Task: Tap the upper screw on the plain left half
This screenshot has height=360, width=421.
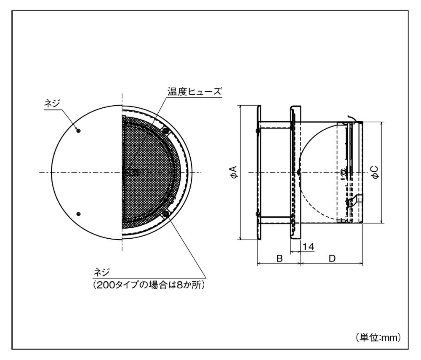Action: point(79,131)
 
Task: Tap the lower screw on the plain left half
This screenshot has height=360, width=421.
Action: point(79,214)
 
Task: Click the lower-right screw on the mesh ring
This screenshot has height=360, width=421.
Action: point(165,214)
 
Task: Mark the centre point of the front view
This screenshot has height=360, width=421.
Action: point(123,172)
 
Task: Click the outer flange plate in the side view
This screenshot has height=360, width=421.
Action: point(259,172)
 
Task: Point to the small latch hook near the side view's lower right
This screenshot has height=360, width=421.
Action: point(358,198)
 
